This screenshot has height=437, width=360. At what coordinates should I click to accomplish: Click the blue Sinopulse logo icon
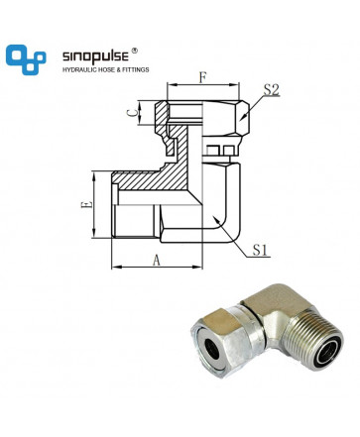(26, 59)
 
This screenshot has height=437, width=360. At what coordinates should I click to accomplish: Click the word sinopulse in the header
(95, 56)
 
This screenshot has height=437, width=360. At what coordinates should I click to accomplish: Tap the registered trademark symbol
(134, 51)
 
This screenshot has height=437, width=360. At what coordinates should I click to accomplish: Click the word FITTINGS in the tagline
(136, 69)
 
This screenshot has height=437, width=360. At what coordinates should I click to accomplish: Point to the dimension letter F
(202, 78)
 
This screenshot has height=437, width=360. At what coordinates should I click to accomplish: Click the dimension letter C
(132, 113)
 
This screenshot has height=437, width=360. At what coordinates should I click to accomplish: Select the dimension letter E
(86, 204)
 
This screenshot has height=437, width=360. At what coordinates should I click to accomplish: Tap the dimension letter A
(156, 260)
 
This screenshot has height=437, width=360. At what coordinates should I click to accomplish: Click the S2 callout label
(271, 90)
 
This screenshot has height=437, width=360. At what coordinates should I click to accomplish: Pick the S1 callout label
(260, 250)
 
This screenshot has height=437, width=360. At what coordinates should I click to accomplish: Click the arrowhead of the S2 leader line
(242, 118)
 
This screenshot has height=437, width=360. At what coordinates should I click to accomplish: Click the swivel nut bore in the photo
(212, 349)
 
